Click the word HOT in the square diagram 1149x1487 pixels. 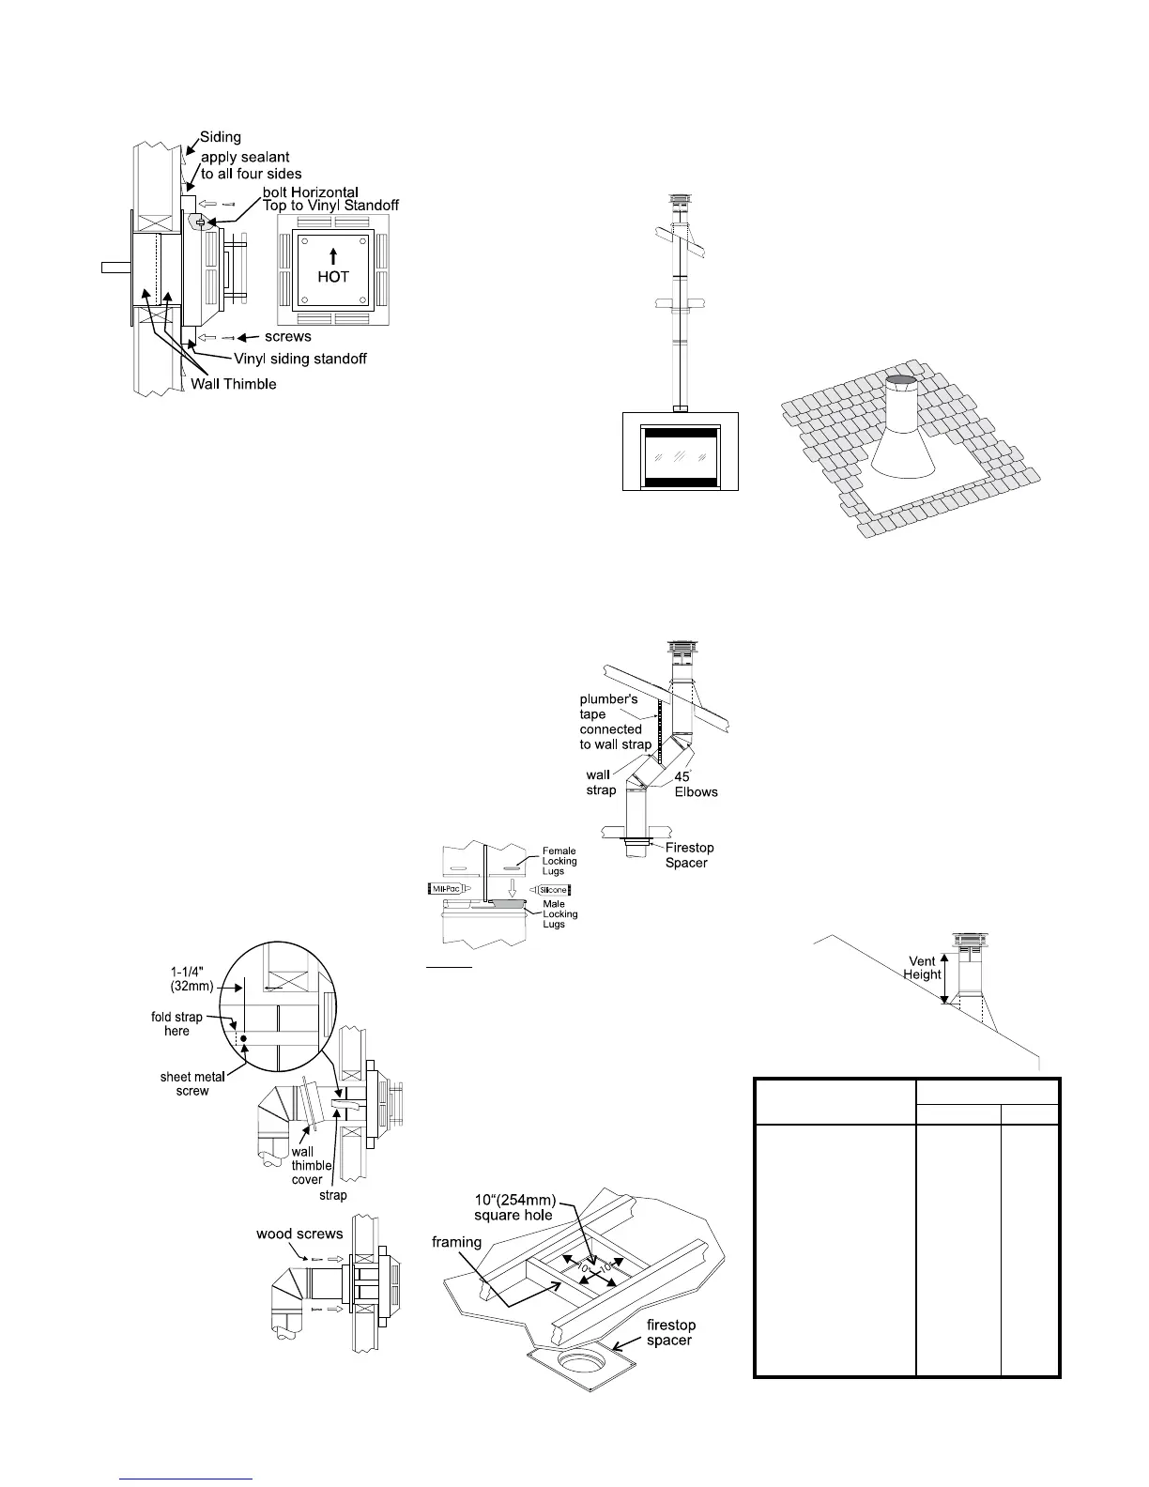click(333, 277)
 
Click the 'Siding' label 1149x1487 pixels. click(221, 137)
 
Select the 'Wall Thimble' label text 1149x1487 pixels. click(234, 383)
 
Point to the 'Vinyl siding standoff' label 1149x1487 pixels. click(299, 359)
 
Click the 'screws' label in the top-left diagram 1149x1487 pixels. click(287, 336)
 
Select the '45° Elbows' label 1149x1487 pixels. click(696, 784)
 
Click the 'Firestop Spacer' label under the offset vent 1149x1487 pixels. click(690, 855)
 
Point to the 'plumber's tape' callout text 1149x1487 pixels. click(616, 721)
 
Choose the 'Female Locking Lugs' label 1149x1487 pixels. click(559, 861)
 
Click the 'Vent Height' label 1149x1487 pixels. click(923, 968)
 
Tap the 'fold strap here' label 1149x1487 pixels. click(176, 1023)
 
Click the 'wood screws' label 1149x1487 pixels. click(299, 1234)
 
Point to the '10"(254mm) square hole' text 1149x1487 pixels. click(512, 1207)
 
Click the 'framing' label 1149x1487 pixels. click(457, 1242)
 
